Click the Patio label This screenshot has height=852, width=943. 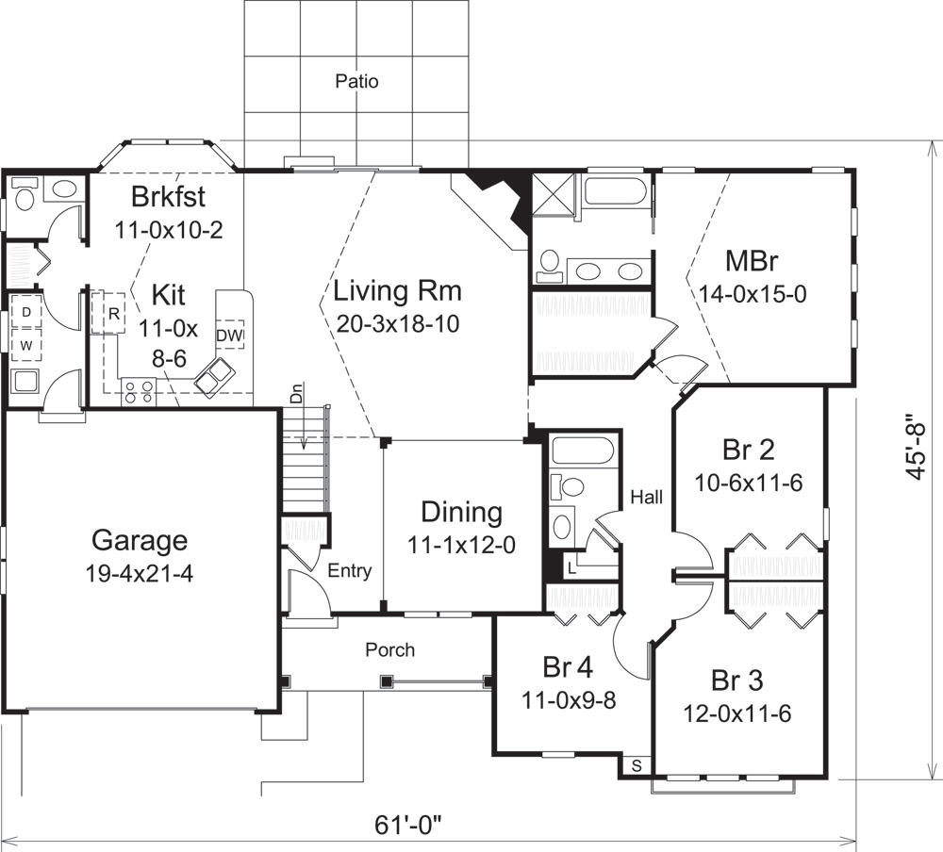click(x=356, y=82)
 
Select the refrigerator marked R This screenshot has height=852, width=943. click(x=112, y=314)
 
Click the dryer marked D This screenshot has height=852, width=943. click(x=27, y=312)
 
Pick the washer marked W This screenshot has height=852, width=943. click(x=27, y=345)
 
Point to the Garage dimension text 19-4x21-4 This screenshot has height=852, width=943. click(x=140, y=574)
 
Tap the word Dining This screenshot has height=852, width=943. click(x=461, y=513)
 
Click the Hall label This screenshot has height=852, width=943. click(x=647, y=494)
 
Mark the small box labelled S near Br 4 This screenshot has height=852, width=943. click(x=637, y=765)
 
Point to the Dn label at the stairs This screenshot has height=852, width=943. click(x=295, y=397)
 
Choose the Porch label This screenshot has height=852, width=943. click(x=389, y=649)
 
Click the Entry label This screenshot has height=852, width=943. click(x=349, y=571)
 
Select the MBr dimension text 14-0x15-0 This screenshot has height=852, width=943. click(x=753, y=294)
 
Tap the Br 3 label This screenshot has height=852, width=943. click(x=736, y=680)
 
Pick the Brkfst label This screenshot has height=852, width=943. click(x=169, y=199)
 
